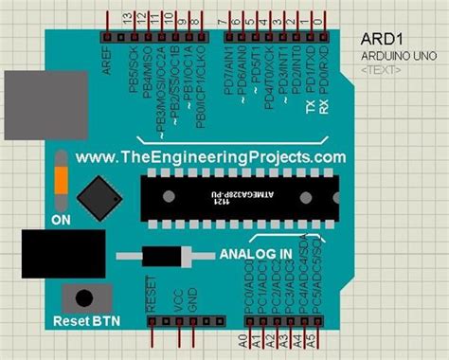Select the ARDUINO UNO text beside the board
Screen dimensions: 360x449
(397, 56)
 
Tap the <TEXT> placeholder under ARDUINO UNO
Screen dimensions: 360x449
(379, 70)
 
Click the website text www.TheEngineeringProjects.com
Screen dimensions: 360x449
(210, 156)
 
